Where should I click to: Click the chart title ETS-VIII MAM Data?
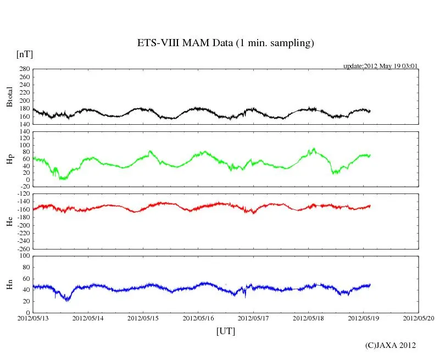coord(225,43)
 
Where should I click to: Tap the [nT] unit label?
coord(25,54)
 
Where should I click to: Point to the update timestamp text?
coord(381,66)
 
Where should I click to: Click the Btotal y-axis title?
coord(9,97)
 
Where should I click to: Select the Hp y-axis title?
coord(9,159)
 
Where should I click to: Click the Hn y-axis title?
coord(9,284)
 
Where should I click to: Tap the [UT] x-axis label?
coord(226,331)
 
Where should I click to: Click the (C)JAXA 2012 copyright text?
coord(390,345)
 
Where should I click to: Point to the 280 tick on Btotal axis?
coord(24,69)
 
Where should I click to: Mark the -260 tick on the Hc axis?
coord(23,249)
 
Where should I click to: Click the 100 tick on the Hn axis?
coord(25,256)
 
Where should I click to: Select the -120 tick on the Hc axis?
coord(23,194)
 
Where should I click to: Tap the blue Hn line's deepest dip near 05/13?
coord(67,300)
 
